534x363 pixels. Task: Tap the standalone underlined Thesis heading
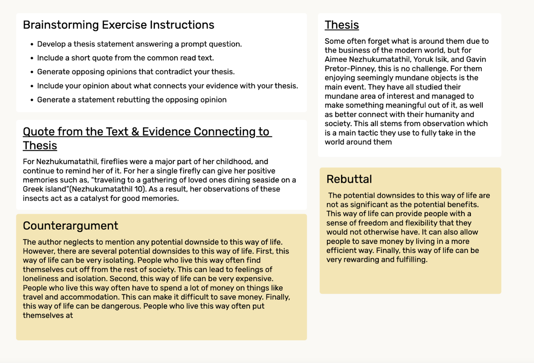341,25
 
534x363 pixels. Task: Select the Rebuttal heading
349,179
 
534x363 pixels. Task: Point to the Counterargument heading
70,226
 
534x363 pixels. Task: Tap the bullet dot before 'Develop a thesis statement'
32,44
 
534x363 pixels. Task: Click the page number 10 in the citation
139,189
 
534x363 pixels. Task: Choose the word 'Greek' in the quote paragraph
33,189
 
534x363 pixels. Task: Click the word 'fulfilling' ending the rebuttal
409,260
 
